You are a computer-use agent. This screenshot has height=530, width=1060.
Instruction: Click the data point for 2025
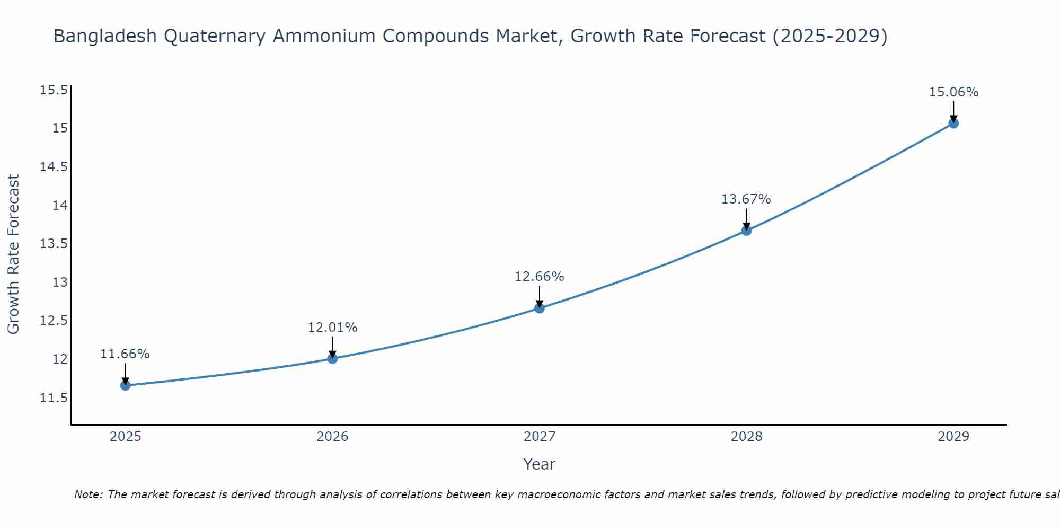126,385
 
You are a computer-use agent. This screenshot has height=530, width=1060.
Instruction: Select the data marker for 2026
332,358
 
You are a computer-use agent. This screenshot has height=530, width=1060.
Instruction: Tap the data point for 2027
540,308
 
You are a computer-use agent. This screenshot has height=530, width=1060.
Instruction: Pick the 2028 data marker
746,231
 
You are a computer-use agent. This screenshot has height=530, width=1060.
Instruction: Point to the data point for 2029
953,123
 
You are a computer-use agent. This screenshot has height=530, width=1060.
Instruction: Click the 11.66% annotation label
125,354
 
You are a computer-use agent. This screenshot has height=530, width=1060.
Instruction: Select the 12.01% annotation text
332,328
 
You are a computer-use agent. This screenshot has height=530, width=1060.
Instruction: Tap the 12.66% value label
540,277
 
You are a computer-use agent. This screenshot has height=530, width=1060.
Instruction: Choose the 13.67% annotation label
746,199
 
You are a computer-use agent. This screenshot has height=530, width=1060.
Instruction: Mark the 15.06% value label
953,92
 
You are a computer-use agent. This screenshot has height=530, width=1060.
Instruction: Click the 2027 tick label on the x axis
540,437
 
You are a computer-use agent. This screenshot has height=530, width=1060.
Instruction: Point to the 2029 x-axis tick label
953,437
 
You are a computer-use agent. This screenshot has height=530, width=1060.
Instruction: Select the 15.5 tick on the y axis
54,90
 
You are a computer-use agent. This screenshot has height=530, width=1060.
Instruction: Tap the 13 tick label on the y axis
60,282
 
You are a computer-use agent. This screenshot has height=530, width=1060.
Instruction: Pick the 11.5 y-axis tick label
54,398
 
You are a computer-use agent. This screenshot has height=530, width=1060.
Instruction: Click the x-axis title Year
540,464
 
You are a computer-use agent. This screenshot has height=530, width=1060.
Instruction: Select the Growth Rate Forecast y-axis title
14,254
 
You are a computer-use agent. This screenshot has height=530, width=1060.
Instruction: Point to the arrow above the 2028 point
746,218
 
